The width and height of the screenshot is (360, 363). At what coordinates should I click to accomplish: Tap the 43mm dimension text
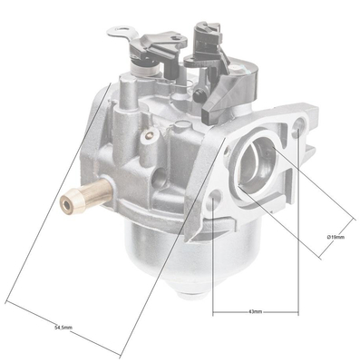click(x=256, y=310)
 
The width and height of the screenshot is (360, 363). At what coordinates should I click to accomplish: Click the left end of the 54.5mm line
click(x=7, y=300)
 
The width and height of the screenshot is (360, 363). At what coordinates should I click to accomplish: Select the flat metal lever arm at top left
click(x=128, y=39)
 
